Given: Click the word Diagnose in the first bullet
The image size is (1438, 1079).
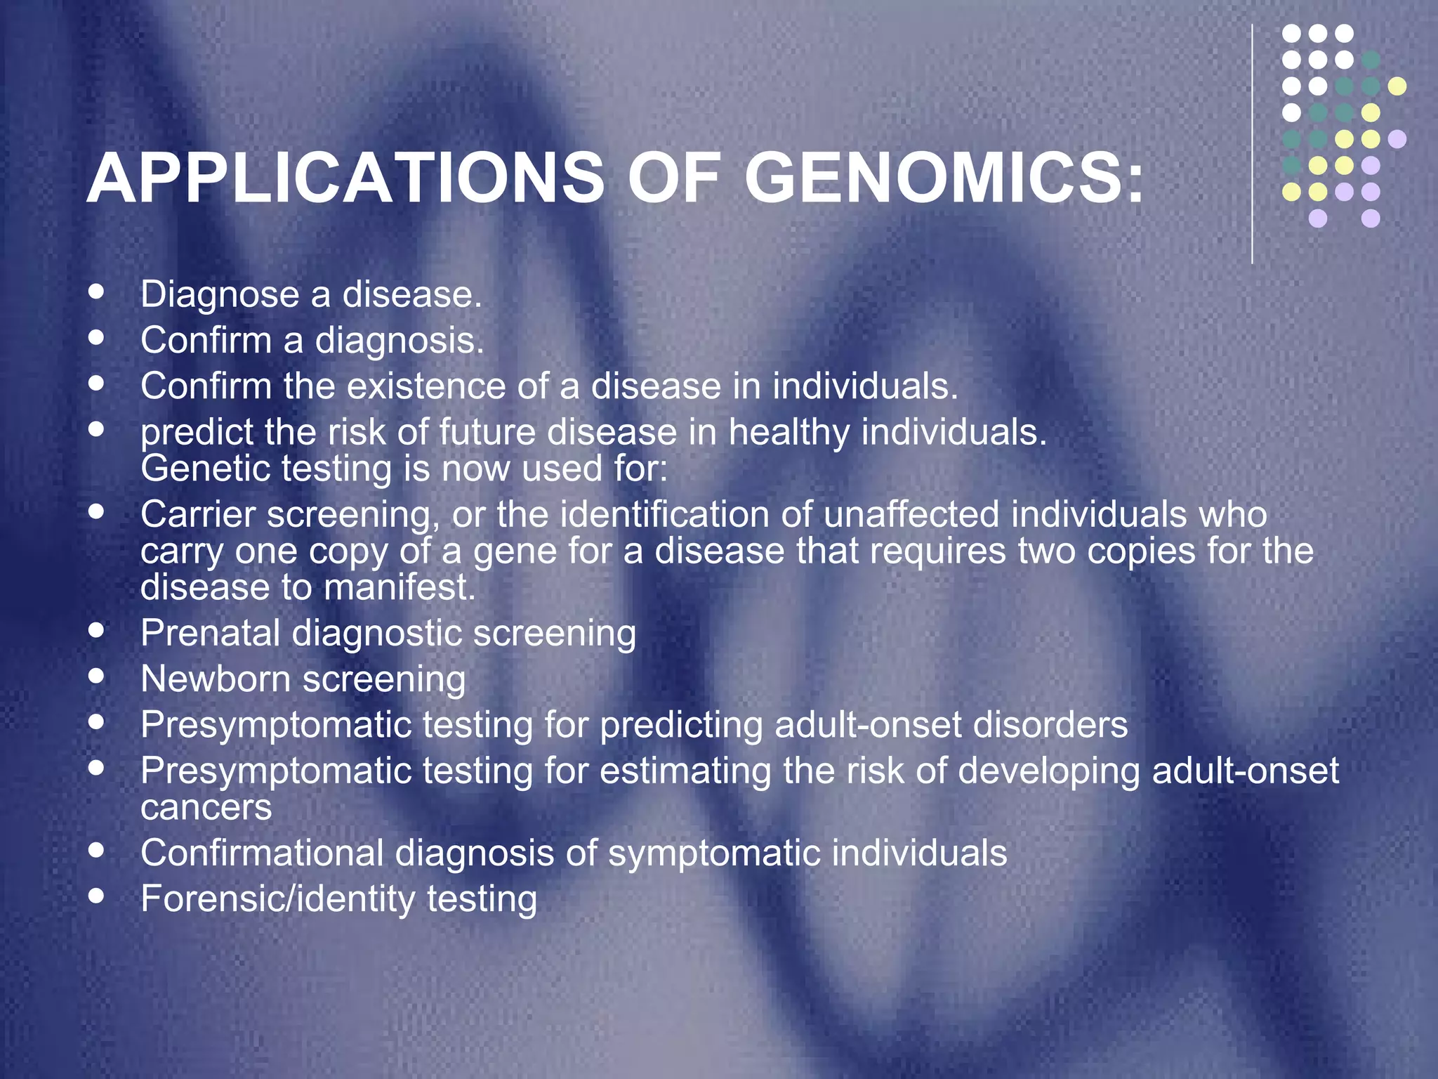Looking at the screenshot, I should coord(220,294).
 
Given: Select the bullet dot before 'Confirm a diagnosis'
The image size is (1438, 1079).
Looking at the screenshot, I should coord(97,337).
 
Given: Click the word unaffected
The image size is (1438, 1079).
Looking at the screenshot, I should coord(911,514).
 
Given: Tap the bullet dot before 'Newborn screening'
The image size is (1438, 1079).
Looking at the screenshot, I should coord(97,676).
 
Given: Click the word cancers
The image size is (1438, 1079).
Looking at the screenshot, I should coord(206,808).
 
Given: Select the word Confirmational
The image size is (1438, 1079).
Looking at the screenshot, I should coord(262,853).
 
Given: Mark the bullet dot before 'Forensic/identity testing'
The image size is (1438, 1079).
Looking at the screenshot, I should coord(97,896).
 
